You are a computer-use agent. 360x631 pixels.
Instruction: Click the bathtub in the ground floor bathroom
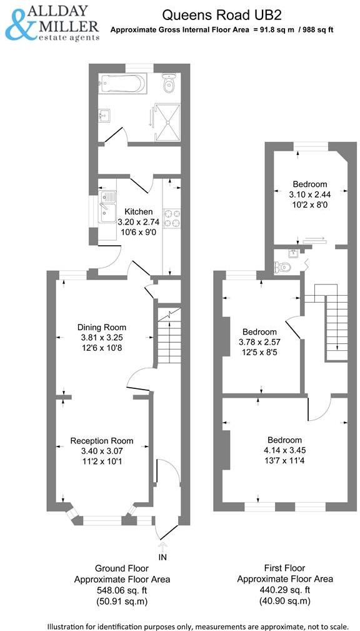coord(122,84)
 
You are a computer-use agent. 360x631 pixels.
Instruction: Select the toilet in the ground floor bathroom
coord(169,83)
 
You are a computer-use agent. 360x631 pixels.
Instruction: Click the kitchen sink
coord(107,206)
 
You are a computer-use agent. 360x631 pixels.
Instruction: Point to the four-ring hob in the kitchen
coord(172,218)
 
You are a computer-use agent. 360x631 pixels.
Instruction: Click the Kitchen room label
coord(138,211)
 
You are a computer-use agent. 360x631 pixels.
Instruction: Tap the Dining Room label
coord(102,327)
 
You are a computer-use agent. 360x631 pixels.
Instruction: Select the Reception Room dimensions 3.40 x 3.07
coord(102,451)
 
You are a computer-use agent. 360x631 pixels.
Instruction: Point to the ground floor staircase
coord(169,336)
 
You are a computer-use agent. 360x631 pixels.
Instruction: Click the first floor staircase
coord(331,322)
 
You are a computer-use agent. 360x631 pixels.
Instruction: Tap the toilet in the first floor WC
coord(282,267)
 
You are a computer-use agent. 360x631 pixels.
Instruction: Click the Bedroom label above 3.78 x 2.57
coord(260,332)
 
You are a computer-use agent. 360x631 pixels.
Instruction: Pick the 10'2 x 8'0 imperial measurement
coord(310,204)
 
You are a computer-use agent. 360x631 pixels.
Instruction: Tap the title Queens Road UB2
coord(222,15)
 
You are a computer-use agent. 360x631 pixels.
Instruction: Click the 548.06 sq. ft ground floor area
coord(122,590)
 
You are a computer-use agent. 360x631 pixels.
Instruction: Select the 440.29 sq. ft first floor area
coord(285,590)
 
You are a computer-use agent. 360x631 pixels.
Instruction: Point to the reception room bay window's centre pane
coord(102,521)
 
